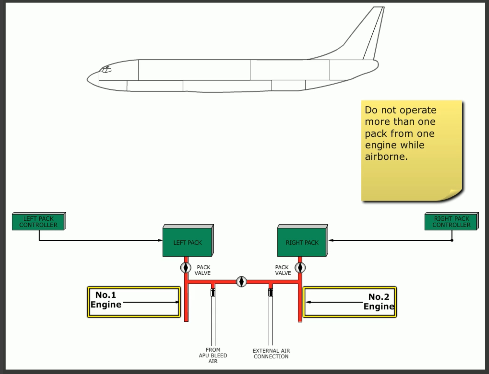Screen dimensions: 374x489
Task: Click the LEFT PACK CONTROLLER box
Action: point(38,222)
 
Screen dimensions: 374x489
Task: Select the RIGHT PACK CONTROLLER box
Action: point(451,222)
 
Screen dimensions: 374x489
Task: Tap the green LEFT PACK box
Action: point(187,242)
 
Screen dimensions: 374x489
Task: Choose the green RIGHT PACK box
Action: point(302,242)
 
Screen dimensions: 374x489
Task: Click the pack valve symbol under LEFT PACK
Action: point(186,268)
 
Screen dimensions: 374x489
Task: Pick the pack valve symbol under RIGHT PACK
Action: point(300,268)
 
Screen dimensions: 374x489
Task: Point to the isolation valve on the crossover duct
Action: point(241,282)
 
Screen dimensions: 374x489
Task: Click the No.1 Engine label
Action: point(106,300)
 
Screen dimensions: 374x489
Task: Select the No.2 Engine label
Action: point(379,301)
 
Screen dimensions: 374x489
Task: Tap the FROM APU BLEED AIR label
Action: point(213,355)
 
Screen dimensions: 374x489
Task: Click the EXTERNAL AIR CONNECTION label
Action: point(271,353)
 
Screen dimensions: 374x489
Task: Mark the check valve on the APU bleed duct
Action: point(213,292)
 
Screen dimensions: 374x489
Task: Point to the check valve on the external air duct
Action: point(271,292)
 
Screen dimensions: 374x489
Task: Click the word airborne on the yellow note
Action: point(386,156)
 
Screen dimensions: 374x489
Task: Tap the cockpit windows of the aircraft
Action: point(105,70)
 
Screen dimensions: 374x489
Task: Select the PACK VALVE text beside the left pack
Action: point(203,270)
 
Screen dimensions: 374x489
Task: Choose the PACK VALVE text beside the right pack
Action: point(283,270)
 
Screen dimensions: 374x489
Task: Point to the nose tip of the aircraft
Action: point(88,80)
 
